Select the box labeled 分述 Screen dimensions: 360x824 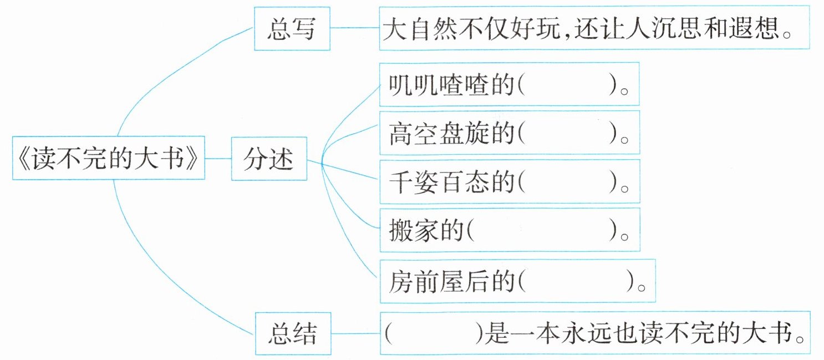coord(268,161)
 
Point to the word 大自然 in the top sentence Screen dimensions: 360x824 coord(413,29)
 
